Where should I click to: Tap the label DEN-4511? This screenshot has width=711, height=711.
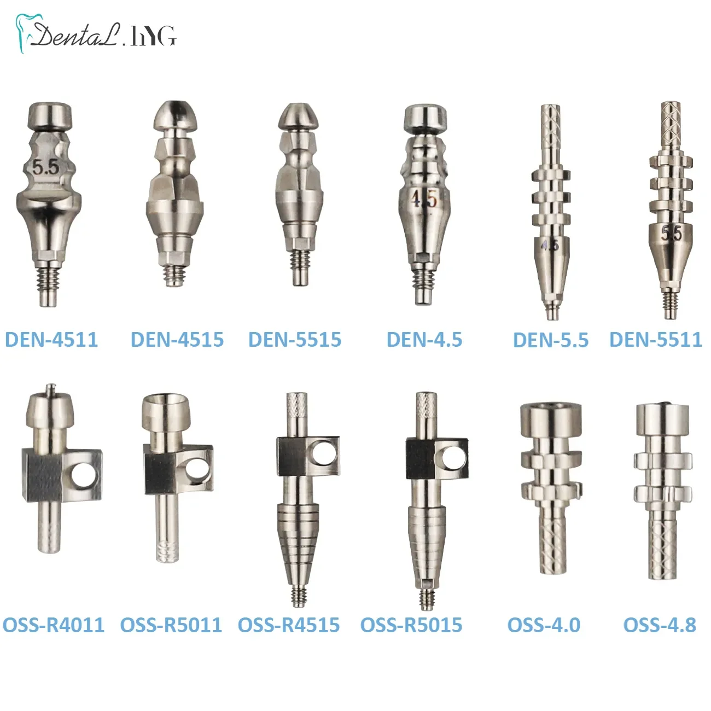pyautogui.click(x=51, y=340)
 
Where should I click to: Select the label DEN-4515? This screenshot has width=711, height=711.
pyautogui.click(x=177, y=340)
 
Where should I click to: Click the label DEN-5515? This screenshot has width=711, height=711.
pyautogui.click(x=295, y=340)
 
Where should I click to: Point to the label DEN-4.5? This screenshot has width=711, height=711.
pyautogui.click(x=424, y=340)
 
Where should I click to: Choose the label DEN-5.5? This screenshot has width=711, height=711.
pyautogui.click(x=551, y=340)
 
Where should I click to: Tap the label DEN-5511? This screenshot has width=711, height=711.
pyautogui.click(x=656, y=340)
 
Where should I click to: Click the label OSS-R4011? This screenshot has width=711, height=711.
pyautogui.click(x=54, y=625)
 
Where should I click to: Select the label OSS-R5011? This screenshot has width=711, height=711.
pyautogui.click(x=171, y=625)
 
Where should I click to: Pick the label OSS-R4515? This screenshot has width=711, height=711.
pyautogui.click(x=289, y=625)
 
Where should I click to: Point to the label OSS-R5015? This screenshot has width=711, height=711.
pyautogui.click(x=411, y=625)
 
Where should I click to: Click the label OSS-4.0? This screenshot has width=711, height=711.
pyautogui.click(x=544, y=625)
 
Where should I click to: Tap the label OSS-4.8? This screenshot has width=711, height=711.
pyautogui.click(x=660, y=625)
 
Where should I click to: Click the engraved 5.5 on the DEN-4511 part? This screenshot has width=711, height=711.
pyautogui.click(x=45, y=167)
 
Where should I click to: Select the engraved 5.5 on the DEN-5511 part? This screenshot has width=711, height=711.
pyautogui.click(x=671, y=234)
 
